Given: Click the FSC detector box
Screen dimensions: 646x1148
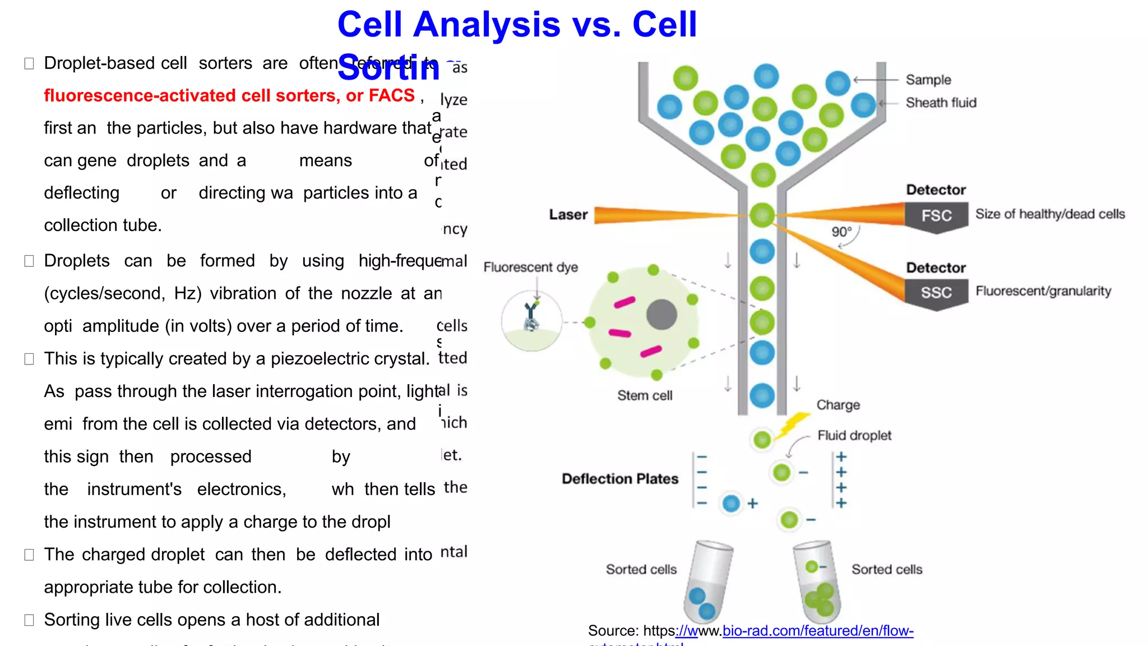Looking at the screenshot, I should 936,216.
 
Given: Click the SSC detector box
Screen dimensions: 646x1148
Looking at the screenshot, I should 936,292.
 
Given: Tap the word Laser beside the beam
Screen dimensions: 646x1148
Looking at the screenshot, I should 568,215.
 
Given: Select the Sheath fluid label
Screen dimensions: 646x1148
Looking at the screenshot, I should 941,103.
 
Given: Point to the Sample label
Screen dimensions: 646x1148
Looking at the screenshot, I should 928,80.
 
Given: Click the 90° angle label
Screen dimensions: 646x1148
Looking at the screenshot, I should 841,232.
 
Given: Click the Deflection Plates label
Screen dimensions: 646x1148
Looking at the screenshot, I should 620,479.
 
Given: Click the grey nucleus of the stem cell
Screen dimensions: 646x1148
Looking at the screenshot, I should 661,315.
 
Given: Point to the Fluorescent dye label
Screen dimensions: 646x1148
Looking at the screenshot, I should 530,267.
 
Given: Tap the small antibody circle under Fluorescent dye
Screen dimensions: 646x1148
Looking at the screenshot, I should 531,321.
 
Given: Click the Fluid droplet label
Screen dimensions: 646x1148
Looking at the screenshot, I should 854,435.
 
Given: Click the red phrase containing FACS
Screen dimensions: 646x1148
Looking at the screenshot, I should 229,95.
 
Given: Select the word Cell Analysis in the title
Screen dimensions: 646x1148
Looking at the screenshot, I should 448,25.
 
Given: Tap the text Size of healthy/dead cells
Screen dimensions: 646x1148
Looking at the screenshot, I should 1049,214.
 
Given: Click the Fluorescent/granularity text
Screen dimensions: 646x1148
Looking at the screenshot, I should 1043,291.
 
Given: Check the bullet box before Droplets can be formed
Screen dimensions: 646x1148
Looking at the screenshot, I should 29,261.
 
